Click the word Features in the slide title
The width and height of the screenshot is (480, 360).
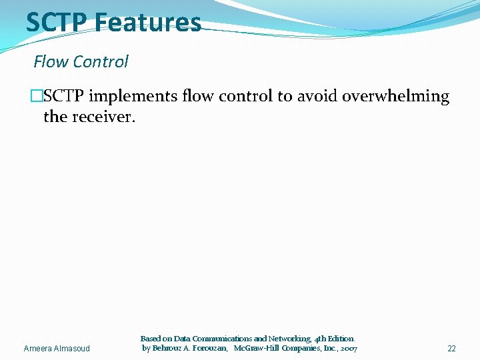[x=147, y=22]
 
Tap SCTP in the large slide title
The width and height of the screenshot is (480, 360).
[x=57, y=22]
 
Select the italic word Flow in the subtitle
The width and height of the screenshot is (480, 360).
[x=51, y=62]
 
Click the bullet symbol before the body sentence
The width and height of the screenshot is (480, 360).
[x=37, y=97]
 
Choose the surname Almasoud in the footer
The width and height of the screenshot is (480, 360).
[x=74, y=349]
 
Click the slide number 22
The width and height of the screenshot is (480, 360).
[x=451, y=349]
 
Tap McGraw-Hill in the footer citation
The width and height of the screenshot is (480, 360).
[x=260, y=349]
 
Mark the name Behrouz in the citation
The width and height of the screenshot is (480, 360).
[x=167, y=349]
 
